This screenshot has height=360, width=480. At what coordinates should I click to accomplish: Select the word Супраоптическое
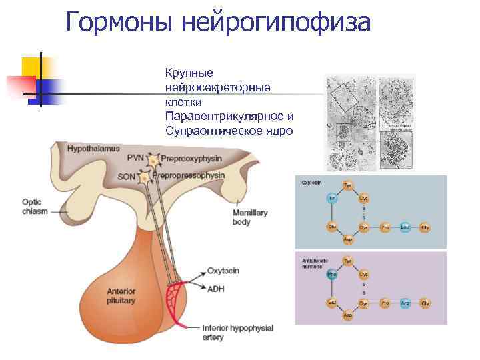click(206, 131)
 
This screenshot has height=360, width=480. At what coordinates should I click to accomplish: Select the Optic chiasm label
click(33, 207)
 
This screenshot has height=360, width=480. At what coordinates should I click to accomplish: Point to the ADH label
click(215, 288)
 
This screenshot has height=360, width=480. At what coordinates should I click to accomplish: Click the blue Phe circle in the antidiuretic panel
click(331, 273)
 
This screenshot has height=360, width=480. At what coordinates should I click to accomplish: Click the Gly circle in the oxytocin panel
click(425, 227)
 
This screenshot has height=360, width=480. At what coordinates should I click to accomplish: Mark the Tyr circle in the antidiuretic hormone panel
click(347, 260)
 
